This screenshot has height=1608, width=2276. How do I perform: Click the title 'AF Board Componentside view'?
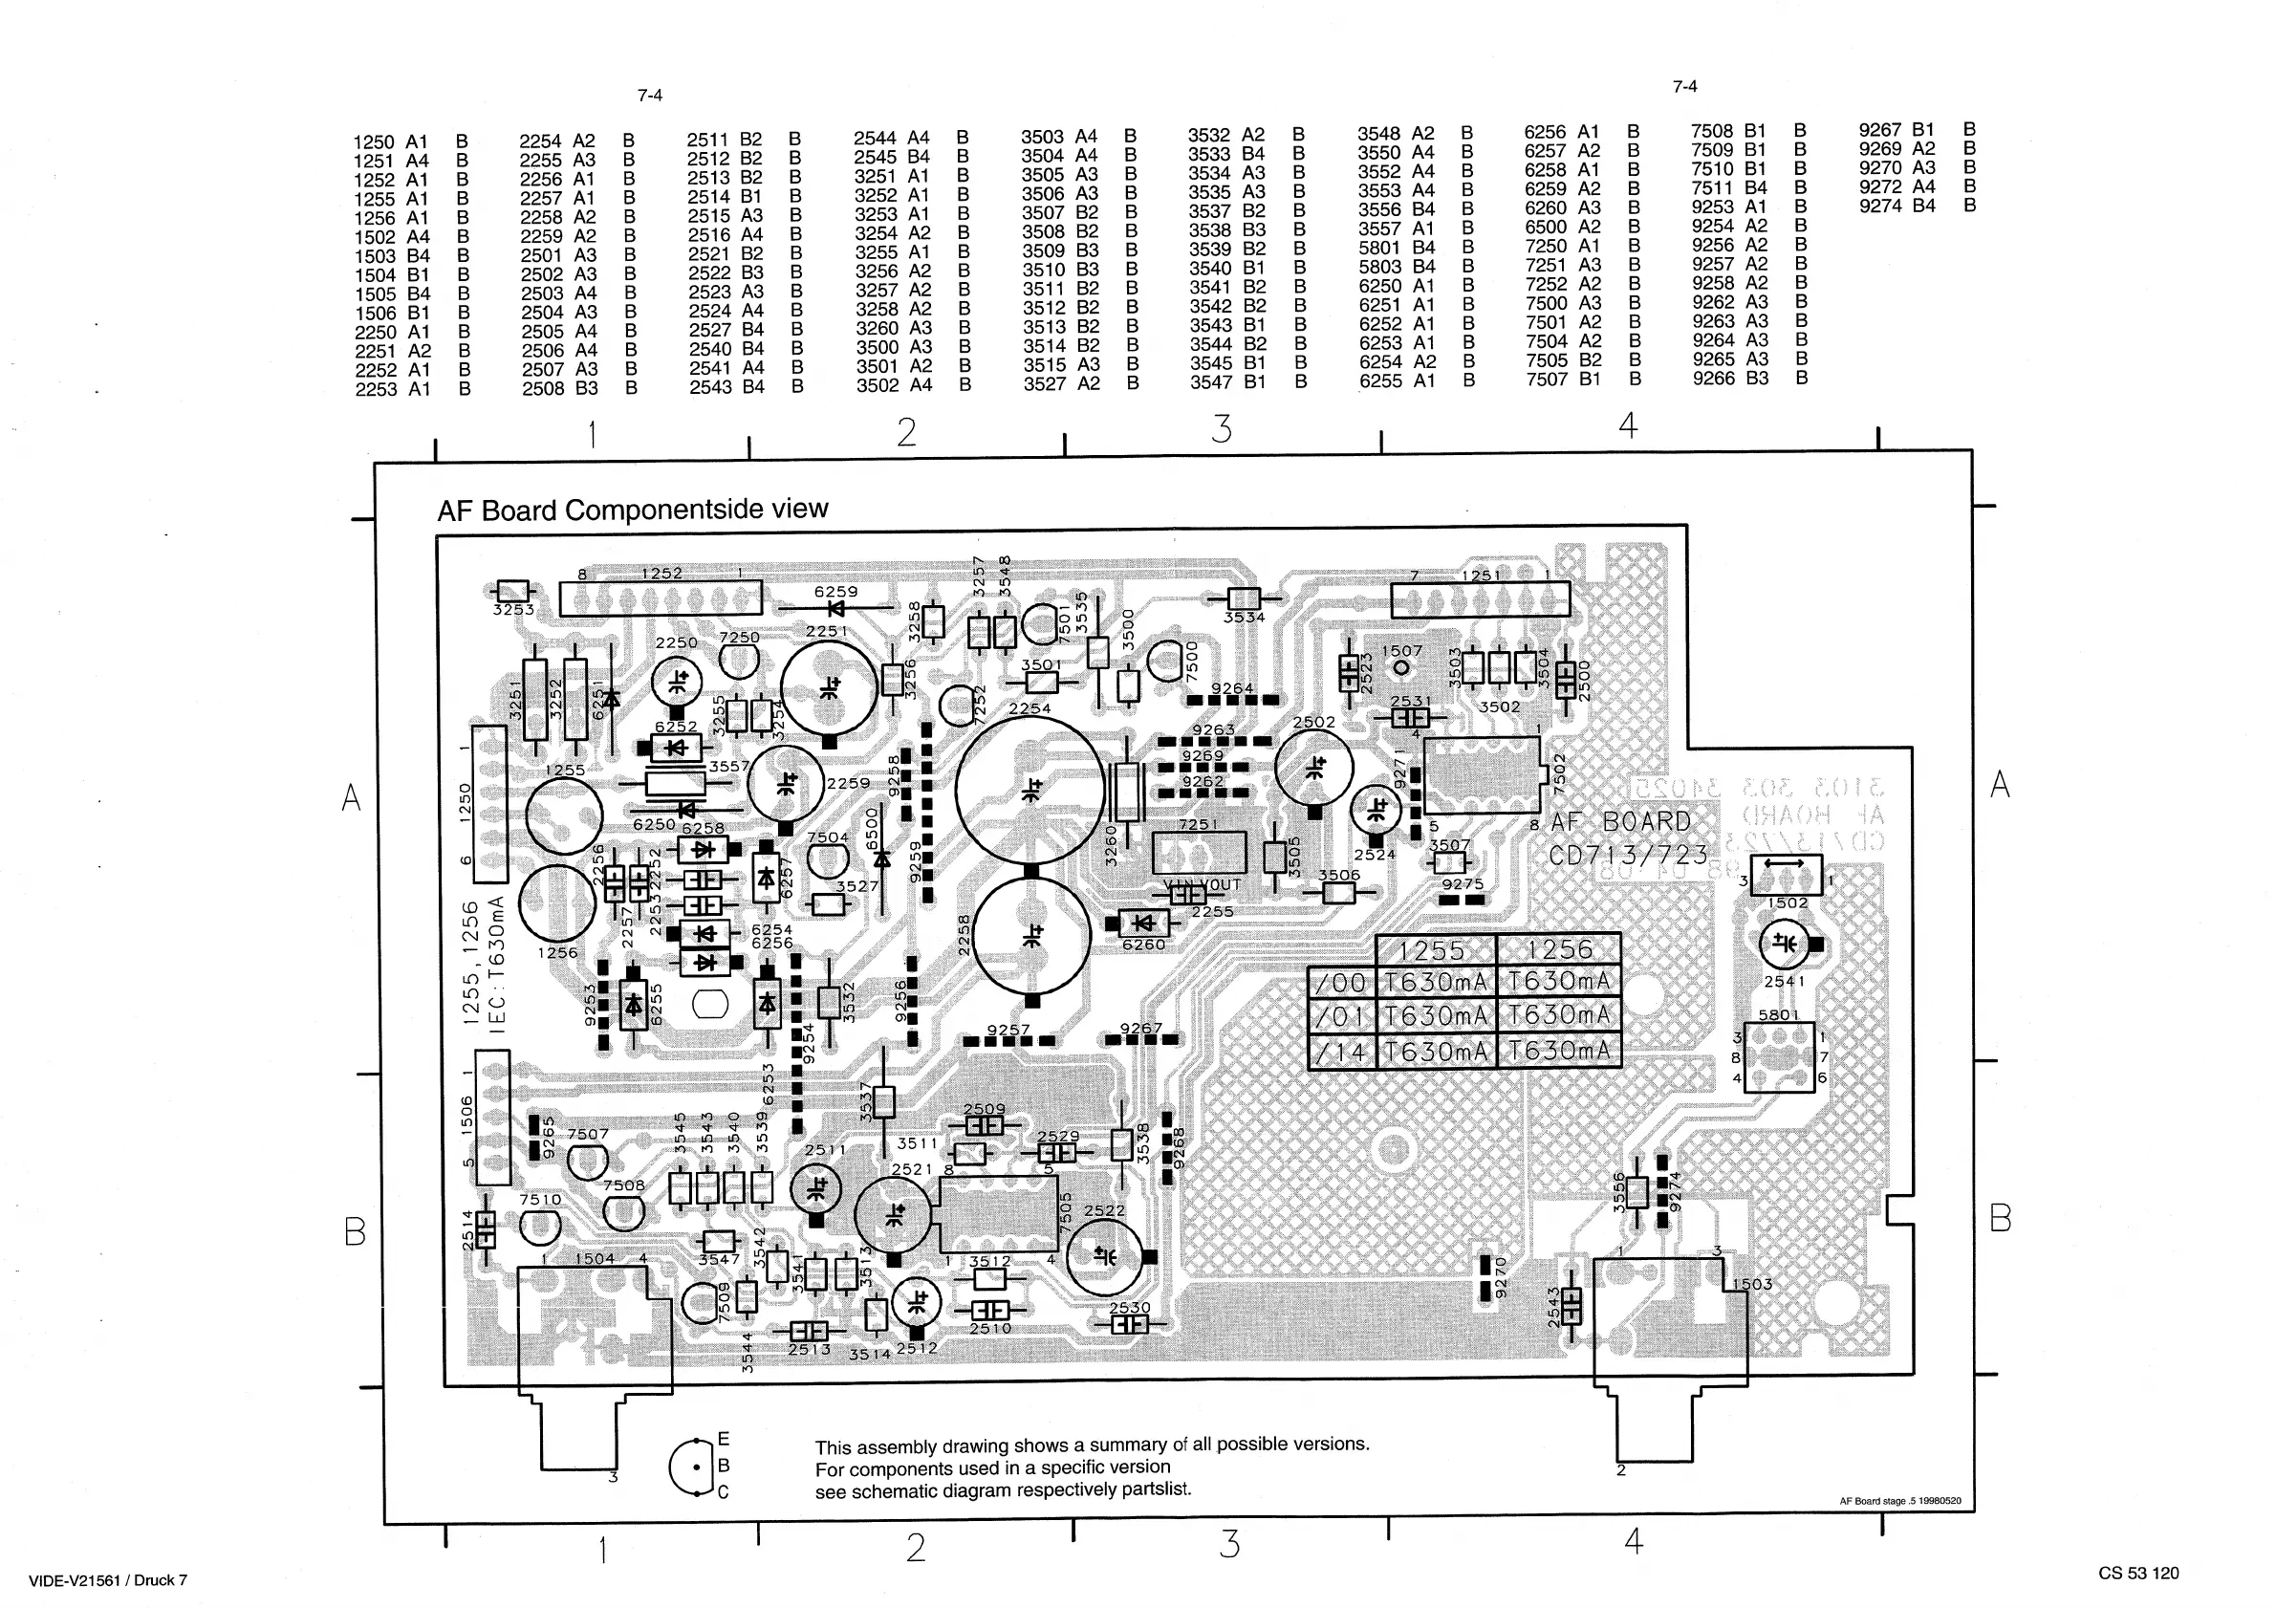(633, 510)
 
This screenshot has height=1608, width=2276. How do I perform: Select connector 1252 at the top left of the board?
(661, 598)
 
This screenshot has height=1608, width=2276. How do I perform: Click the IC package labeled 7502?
(1481, 774)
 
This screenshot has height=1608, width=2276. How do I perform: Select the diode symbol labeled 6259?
(835, 608)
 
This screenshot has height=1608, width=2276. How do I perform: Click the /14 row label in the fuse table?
(1341, 1052)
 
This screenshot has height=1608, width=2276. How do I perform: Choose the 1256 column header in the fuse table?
(1559, 948)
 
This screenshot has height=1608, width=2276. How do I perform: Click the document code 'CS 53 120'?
(2138, 1574)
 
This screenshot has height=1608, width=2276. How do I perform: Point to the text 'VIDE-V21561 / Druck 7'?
(108, 1580)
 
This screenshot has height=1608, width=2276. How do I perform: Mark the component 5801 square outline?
(1779, 1056)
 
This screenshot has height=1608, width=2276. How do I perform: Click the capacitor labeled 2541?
(1784, 944)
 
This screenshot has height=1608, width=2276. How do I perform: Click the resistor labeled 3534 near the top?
(1243, 598)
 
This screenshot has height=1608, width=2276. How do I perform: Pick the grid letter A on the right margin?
(2000, 784)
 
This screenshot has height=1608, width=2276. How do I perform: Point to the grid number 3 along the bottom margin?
(1229, 1545)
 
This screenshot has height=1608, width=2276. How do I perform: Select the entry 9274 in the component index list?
(1897, 206)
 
